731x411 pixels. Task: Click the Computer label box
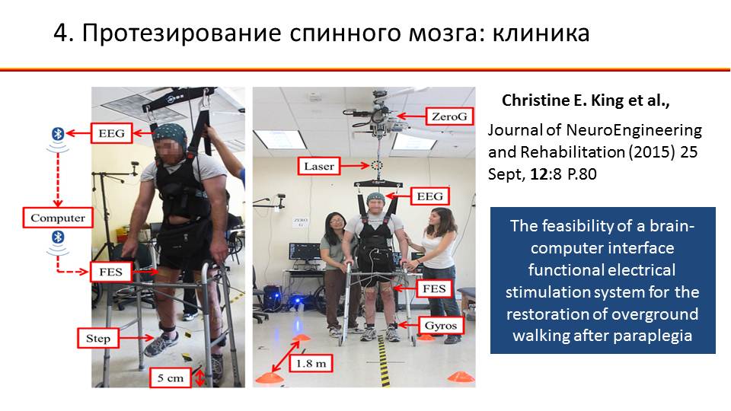tap(58, 218)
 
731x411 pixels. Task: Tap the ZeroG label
tap(449, 116)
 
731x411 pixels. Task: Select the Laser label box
tap(319, 167)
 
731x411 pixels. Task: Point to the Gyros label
tap(441, 325)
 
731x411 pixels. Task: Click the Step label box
tap(98, 338)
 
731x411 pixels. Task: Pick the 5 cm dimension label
tap(171, 378)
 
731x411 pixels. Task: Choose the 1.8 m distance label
tap(311, 363)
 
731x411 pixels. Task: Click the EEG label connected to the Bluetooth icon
tap(112, 133)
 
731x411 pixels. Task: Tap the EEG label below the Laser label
tap(429, 196)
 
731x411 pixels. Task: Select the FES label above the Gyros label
tap(434, 289)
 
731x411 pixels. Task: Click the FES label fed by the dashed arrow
tap(110, 272)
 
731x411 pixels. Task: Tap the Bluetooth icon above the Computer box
tap(57, 134)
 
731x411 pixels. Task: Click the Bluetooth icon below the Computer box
tap(57, 237)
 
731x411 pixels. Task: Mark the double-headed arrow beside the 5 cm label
tap(200, 378)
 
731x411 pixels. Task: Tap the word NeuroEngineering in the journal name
tap(634, 130)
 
